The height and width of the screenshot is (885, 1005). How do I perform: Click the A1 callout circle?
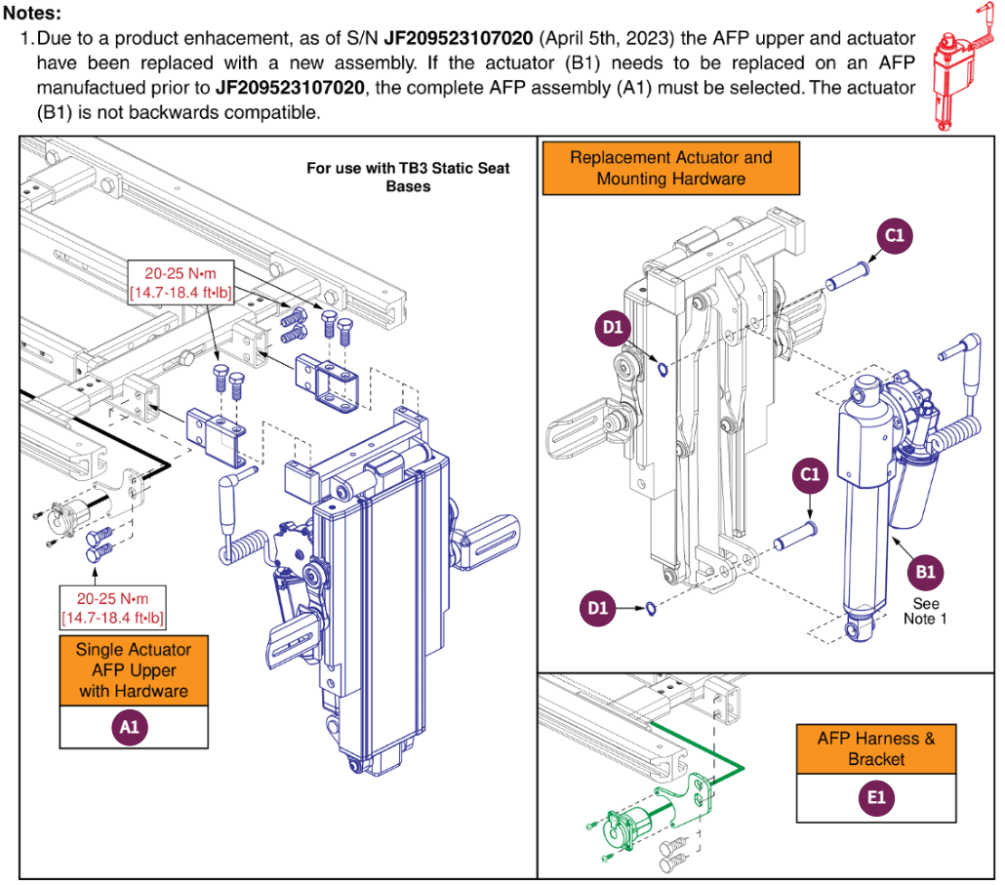[134, 727]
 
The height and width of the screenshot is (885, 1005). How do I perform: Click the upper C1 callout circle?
[894, 235]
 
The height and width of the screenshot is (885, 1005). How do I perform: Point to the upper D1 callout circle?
[612, 328]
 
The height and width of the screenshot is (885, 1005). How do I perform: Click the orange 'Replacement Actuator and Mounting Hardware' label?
[670, 168]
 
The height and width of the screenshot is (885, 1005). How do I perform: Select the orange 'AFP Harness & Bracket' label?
[875, 748]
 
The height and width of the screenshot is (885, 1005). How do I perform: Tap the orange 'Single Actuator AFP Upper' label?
[134, 669]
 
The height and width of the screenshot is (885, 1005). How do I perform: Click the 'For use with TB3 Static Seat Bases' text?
[408, 177]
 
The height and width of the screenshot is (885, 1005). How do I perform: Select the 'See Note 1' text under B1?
[925, 611]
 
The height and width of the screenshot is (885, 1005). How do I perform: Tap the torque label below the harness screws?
[113, 607]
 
